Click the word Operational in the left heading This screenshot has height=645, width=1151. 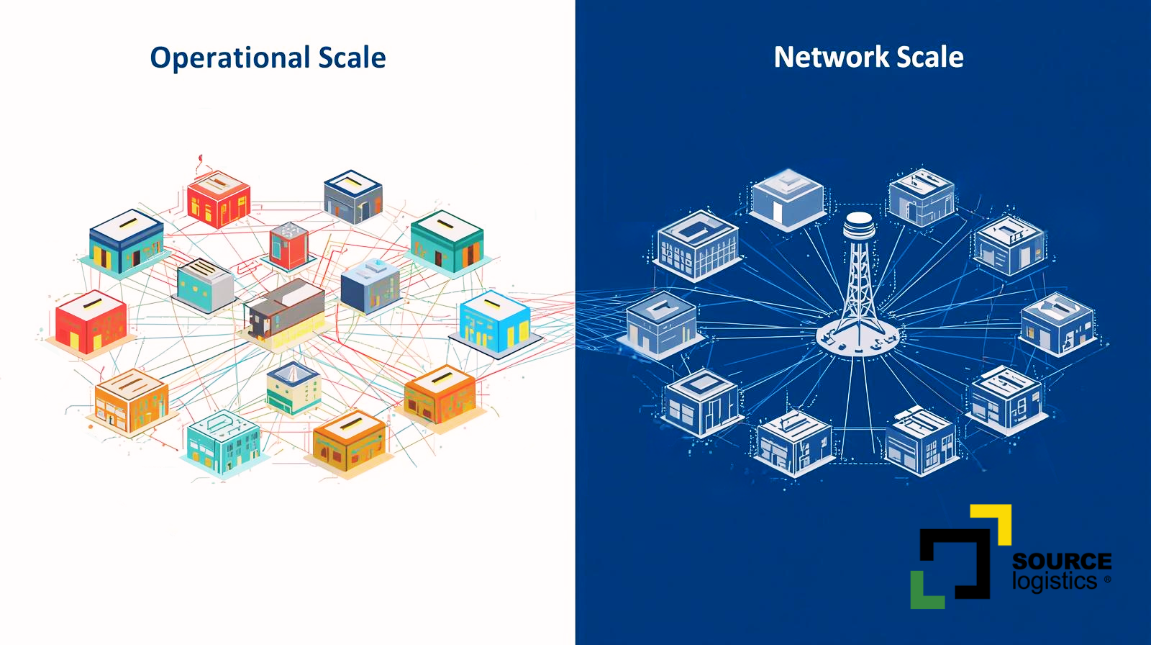229,58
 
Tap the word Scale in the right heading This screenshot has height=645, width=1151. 929,57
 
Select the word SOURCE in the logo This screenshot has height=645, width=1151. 1061,561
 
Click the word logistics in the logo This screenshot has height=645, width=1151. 1054,581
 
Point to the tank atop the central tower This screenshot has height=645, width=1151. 859,225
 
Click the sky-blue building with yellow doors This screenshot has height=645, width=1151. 495,322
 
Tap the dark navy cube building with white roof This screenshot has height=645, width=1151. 370,286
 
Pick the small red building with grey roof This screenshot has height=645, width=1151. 289,245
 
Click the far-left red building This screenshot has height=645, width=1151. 91,322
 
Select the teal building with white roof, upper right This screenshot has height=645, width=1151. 447,242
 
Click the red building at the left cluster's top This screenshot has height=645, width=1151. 218,198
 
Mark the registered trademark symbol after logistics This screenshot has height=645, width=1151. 1107,579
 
